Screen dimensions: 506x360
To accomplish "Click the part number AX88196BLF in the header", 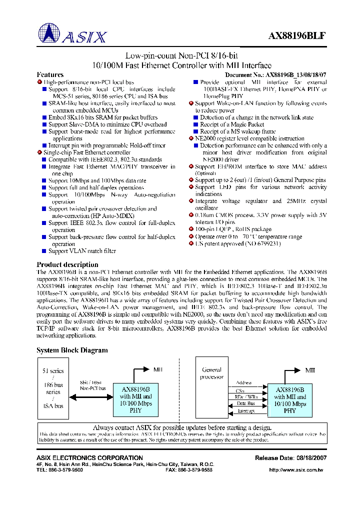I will pyautogui.click(x=297, y=36).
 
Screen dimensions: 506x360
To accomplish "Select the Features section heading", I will pyautogui.click(x=50, y=74).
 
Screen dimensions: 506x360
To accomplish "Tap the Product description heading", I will pyautogui.click(x=67, y=264).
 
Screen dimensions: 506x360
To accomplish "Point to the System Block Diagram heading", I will pyautogui.click(x=72, y=350).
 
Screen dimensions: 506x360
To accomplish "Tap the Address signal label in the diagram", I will pyautogui.click(x=244, y=383).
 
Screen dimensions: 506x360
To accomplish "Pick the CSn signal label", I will pyautogui.click(x=239, y=390).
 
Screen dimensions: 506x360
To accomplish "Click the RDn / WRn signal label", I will pyautogui.click(x=245, y=397).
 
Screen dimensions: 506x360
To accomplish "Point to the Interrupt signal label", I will pyautogui.click(x=245, y=410).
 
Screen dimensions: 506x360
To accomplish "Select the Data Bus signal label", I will pyautogui.click(x=245, y=403).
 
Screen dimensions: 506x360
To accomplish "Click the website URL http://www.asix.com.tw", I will pyautogui.click(x=296, y=470).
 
